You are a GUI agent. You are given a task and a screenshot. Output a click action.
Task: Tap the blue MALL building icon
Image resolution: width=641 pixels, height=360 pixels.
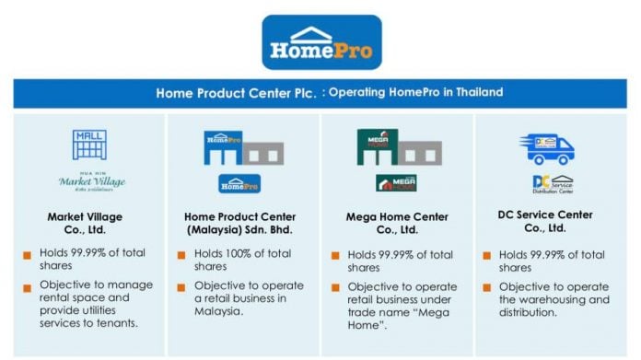click(x=89, y=144)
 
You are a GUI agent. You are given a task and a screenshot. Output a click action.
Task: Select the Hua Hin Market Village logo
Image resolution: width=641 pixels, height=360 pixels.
click(x=90, y=182)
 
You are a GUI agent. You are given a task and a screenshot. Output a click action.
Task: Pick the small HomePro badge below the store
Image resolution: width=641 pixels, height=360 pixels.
click(x=239, y=183)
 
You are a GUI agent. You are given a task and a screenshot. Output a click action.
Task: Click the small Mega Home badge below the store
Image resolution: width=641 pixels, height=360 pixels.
click(x=397, y=183)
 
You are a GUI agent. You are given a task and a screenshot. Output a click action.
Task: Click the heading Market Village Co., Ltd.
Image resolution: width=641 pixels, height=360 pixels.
click(x=89, y=224)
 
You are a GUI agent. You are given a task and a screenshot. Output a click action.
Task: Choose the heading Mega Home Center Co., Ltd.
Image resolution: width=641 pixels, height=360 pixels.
click(x=397, y=224)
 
